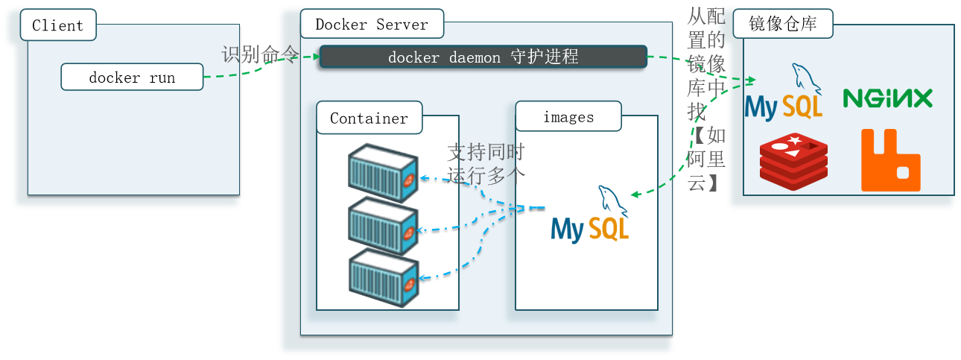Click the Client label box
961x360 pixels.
pos(57,25)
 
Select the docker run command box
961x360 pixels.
pos(132,78)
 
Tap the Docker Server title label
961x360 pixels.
pos(372,25)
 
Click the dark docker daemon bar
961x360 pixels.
pos(483,57)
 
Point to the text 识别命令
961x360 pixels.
pos(259,55)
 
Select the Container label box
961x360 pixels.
pos(369,119)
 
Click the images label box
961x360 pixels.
pos(568,117)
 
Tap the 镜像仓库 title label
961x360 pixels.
pos(783,25)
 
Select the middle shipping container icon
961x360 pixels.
pos(382,226)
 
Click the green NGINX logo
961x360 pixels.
pos(888,98)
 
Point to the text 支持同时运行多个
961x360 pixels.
pos(486,164)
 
